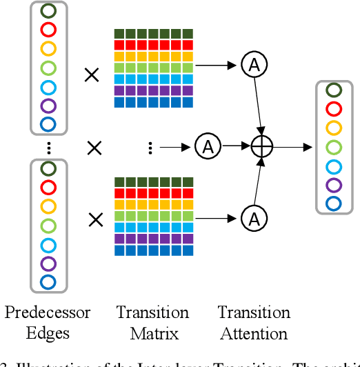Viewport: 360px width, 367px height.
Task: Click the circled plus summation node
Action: [x=262, y=146]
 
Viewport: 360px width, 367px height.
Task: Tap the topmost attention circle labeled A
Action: [x=254, y=65]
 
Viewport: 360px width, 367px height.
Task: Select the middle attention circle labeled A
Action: [x=206, y=146]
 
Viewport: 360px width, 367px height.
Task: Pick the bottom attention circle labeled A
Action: [x=254, y=219]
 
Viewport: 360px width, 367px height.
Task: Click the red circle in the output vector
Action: [x=334, y=108]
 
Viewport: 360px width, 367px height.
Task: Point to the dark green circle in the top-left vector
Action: [x=48, y=11]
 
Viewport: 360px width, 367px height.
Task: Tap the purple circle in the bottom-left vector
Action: [x=48, y=263]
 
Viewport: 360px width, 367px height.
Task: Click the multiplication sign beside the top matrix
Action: [x=91, y=75]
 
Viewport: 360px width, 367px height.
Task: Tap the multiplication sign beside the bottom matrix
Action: [x=95, y=219]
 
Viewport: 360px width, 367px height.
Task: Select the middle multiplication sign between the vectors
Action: [x=95, y=146]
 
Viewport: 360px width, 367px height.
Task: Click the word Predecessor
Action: [x=48, y=313]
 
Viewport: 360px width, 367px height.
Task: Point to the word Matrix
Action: [x=152, y=334]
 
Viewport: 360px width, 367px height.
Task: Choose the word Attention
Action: [x=254, y=334]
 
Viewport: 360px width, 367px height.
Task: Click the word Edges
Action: [x=48, y=334]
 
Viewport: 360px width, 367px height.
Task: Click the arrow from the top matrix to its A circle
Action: [x=219, y=66]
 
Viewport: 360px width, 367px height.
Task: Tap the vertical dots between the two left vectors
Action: [x=48, y=146]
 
